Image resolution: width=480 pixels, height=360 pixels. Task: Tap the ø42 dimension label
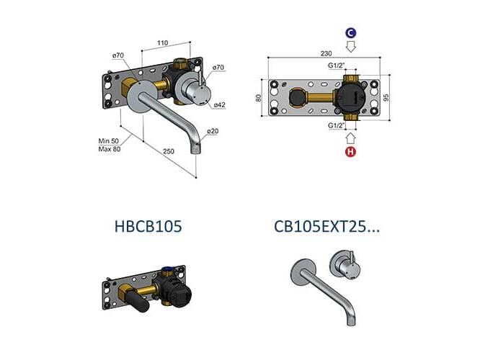pyautogui.click(x=218, y=105)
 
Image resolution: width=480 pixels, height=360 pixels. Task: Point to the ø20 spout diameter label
pyautogui.click(x=213, y=132)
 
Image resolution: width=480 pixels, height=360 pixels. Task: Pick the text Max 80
pyautogui.click(x=109, y=149)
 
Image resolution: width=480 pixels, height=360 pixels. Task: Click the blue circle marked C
pyautogui.click(x=350, y=33)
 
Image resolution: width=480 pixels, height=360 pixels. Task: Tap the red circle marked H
pyautogui.click(x=350, y=152)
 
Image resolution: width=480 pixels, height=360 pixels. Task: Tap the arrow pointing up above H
pyautogui.click(x=350, y=137)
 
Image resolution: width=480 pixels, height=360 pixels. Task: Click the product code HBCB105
pyautogui.click(x=148, y=227)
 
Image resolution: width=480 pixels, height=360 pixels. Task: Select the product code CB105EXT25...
pyautogui.click(x=326, y=227)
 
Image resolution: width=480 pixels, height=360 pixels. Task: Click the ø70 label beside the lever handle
pyautogui.click(x=218, y=67)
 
